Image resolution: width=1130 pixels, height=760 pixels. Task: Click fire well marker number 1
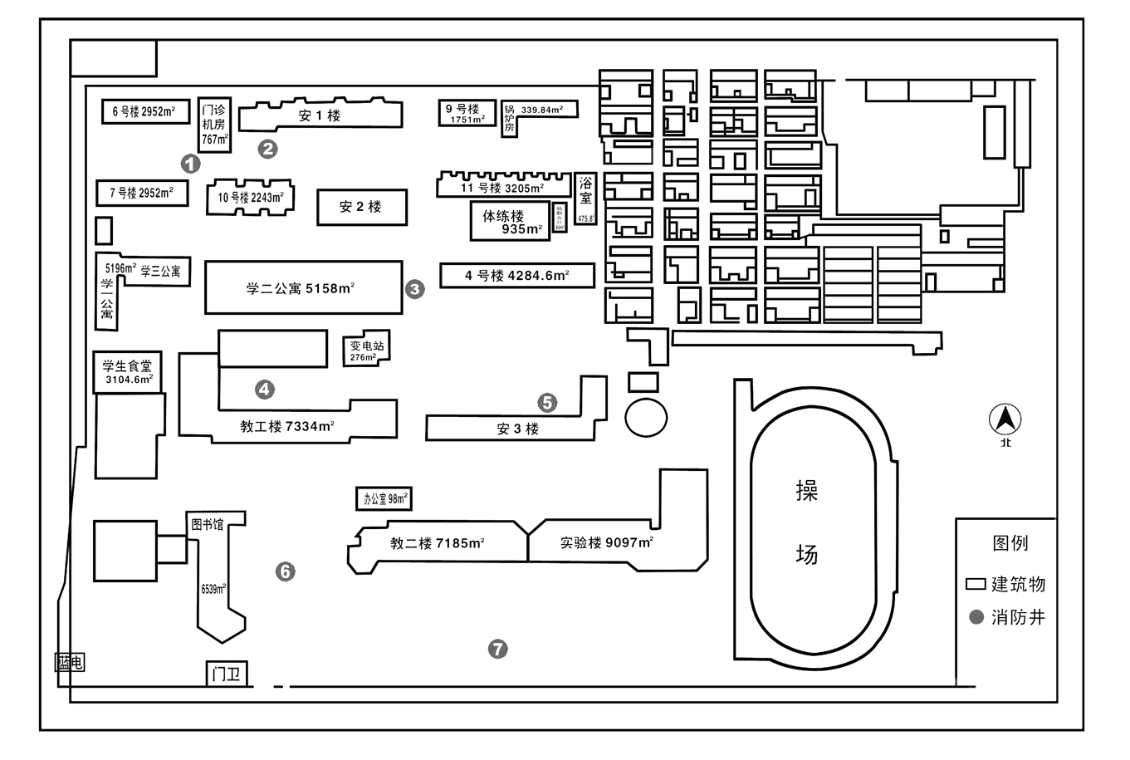(x=191, y=164)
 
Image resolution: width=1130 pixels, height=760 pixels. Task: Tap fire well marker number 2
(x=267, y=149)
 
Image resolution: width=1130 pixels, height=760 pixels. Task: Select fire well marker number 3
(x=414, y=289)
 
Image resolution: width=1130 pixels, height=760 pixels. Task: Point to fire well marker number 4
(x=265, y=389)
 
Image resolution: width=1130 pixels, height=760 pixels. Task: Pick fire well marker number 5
(x=547, y=403)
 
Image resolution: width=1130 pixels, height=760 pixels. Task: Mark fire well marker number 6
(x=285, y=571)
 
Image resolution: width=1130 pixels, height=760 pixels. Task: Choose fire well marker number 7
(x=497, y=649)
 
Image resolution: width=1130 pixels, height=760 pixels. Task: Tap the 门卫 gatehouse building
(x=227, y=674)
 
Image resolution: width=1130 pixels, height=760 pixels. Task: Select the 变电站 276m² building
(x=366, y=351)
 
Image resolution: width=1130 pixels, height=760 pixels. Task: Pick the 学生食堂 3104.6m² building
(x=127, y=371)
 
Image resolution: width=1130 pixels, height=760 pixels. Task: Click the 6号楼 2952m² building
(x=145, y=111)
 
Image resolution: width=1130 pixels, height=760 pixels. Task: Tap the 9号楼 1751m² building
(x=467, y=113)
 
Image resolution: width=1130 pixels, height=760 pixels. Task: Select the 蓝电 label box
(x=70, y=663)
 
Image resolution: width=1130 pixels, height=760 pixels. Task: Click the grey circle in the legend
(x=976, y=617)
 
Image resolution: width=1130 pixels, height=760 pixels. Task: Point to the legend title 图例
(x=1010, y=543)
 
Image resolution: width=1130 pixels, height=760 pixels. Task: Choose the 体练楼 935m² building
(x=510, y=222)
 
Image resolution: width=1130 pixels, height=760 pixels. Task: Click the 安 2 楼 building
(x=361, y=207)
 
